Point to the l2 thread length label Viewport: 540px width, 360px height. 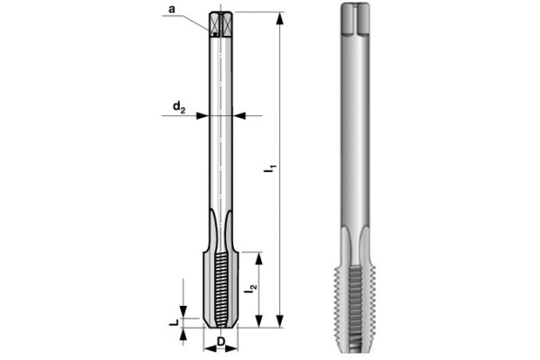pyautogui.click(x=252, y=290)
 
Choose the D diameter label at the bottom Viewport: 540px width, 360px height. pyautogui.click(x=221, y=343)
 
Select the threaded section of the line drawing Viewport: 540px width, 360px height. pyautogui.click(x=221, y=288)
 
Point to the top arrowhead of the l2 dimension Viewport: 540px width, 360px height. pyautogui.click(x=259, y=256)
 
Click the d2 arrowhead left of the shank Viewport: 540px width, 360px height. pyautogui.click(x=204, y=115)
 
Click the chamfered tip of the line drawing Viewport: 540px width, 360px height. pyautogui.click(x=221, y=323)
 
